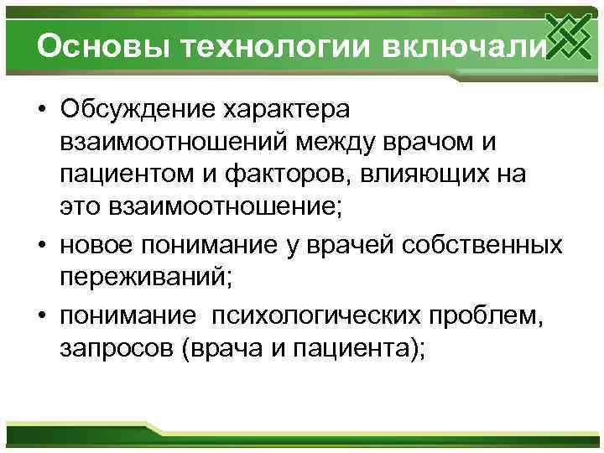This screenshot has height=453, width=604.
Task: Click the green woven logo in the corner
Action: (567, 37)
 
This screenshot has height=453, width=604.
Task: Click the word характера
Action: (297, 109)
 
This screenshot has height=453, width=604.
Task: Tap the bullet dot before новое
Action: (40, 245)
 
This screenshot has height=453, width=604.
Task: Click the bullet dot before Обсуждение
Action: (40, 110)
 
